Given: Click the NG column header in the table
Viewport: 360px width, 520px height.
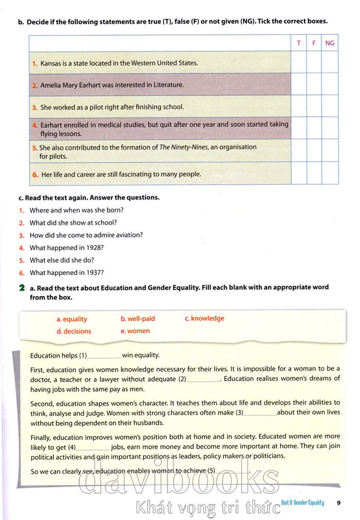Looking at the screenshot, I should pyautogui.click(x=330, y=43).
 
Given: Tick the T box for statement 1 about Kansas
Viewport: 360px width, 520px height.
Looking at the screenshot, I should pyautogui.click(x=298, y=62).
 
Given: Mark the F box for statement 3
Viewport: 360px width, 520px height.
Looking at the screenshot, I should pyautogui.click(x=314, y=106).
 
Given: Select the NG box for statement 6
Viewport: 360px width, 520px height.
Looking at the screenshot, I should pyautogui.click(x=330, y=173).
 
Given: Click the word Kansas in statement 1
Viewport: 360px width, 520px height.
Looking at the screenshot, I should pyautogui.click(x=50, y=63).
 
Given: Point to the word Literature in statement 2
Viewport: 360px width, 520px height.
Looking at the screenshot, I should pyautogui.click(x=167, y=85).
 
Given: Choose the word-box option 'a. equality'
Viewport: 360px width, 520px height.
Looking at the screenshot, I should pyautogui.click(x=72, y=319).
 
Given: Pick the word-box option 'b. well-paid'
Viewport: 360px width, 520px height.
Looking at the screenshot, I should pyautogui.click(x=138, y=319).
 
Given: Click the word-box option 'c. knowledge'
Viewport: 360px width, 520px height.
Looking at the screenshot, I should pyautogui.click(x=204, y=318).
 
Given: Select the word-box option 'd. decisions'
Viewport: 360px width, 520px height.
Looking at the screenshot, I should pyautogui.click(x=74, y=331).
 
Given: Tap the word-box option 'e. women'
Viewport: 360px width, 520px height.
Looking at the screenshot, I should pyautogui.click(x=135, y=331).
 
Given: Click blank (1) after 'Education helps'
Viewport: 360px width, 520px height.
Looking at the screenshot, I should pyautogui.click(x=105, y=356).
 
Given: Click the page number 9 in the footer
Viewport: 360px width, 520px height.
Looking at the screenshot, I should pyautogui.click(x=338, y=503).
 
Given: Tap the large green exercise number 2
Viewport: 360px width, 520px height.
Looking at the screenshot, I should pyautogui.click(x=21, y=288).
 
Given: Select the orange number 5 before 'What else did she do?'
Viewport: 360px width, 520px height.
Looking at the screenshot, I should pyautogui.click(x=22, y=260).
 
